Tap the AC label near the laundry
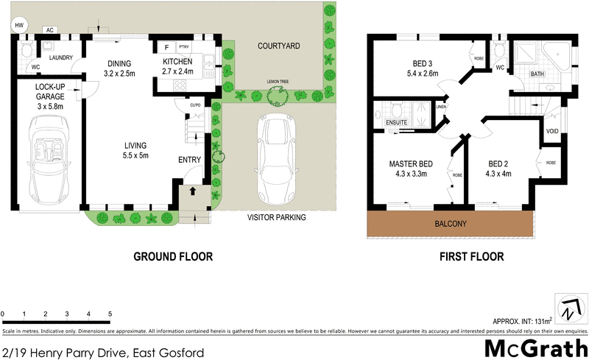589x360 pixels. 50,30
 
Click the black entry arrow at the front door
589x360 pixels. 193,191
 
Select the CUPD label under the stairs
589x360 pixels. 194,105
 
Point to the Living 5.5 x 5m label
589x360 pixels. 135,150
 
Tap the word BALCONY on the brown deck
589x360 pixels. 451,223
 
